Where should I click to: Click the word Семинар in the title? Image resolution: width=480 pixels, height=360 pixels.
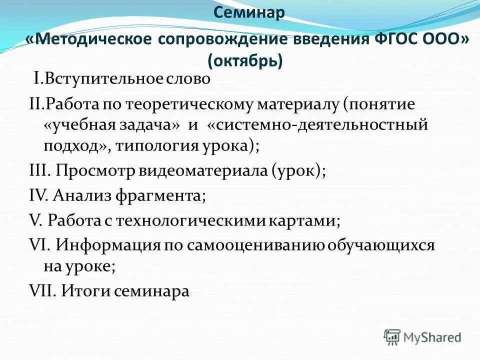coord(249,12)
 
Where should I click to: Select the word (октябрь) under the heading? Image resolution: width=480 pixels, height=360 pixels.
coord(245,61)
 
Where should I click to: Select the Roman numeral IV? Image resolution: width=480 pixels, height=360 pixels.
coord(37,194)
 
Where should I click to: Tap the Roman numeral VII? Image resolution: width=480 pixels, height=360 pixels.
coord(42,291)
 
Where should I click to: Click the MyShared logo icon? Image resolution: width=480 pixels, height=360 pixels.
coord(392,336)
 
